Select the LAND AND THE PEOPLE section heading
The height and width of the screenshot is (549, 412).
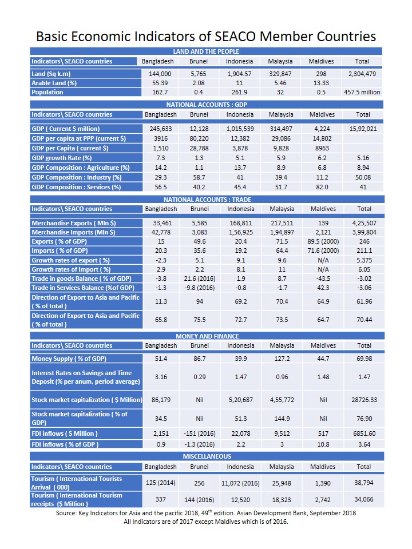pyautogui.click(x=206, y=52)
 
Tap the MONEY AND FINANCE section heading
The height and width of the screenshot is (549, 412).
pyautogui.click(x=206, y=336)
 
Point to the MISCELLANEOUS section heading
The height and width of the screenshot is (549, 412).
pyautogui.click(x=206, y=456)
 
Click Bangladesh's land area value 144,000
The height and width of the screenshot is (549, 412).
pyautogui.click(x=160, y=74)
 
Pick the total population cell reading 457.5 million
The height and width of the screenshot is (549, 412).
pyautogui.click(x=362, y=93)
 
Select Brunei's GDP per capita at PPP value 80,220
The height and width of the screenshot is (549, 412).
pyautogui.click(x=200, y=139)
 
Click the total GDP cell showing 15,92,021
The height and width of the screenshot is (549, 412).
pyautogui.click(x=362, y=129)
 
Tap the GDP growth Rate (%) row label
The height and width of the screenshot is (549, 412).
pyautogui.click(x=62, y=158)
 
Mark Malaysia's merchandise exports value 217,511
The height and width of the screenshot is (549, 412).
pyautogui.click(x=282, y=223)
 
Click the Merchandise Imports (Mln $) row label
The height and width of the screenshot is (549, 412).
pyautogui.click(x=74, y=233)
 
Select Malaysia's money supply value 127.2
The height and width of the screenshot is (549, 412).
pyautogui.click(x=282, y=359)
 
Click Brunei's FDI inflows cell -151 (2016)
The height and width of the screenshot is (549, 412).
pyautogui.click(x=200, y=433)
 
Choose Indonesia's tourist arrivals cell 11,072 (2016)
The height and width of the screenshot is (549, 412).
pyautogui.click(x=240, y=483)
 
